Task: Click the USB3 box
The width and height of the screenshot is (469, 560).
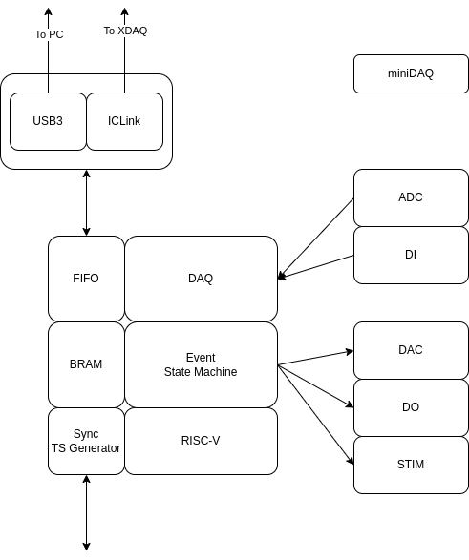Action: click(48, 121)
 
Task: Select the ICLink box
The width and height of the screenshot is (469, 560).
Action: click(124, 121)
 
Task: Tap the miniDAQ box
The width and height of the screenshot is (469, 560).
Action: click(411, 73)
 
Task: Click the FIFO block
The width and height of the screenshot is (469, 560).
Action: click(86, 279)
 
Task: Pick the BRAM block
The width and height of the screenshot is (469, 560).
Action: click(86, 364)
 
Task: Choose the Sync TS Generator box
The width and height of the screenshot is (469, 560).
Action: click(86, 441)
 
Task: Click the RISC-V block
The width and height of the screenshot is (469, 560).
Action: click(201, 441)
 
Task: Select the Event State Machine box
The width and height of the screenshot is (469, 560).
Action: click(201, 364)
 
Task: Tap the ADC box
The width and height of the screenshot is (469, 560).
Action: click(411, 197)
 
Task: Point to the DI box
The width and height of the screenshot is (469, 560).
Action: click(411, 255)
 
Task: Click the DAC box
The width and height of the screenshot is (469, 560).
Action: click(411, 350)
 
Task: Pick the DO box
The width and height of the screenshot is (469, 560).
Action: click(411, 407)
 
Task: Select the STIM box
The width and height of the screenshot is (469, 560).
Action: click(411, 465)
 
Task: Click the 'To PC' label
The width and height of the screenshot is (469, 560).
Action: click(49, 34)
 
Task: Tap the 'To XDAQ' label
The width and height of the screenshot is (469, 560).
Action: click(125, 31)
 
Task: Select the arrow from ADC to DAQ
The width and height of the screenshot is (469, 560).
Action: click(315, 239)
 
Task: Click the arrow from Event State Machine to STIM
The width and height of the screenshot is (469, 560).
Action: click(315, 415)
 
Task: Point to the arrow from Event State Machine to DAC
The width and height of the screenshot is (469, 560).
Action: click(315, 358)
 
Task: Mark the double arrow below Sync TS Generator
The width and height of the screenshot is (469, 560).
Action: click(86, 512)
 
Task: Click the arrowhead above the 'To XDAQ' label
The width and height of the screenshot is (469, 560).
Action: click(124, 11)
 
